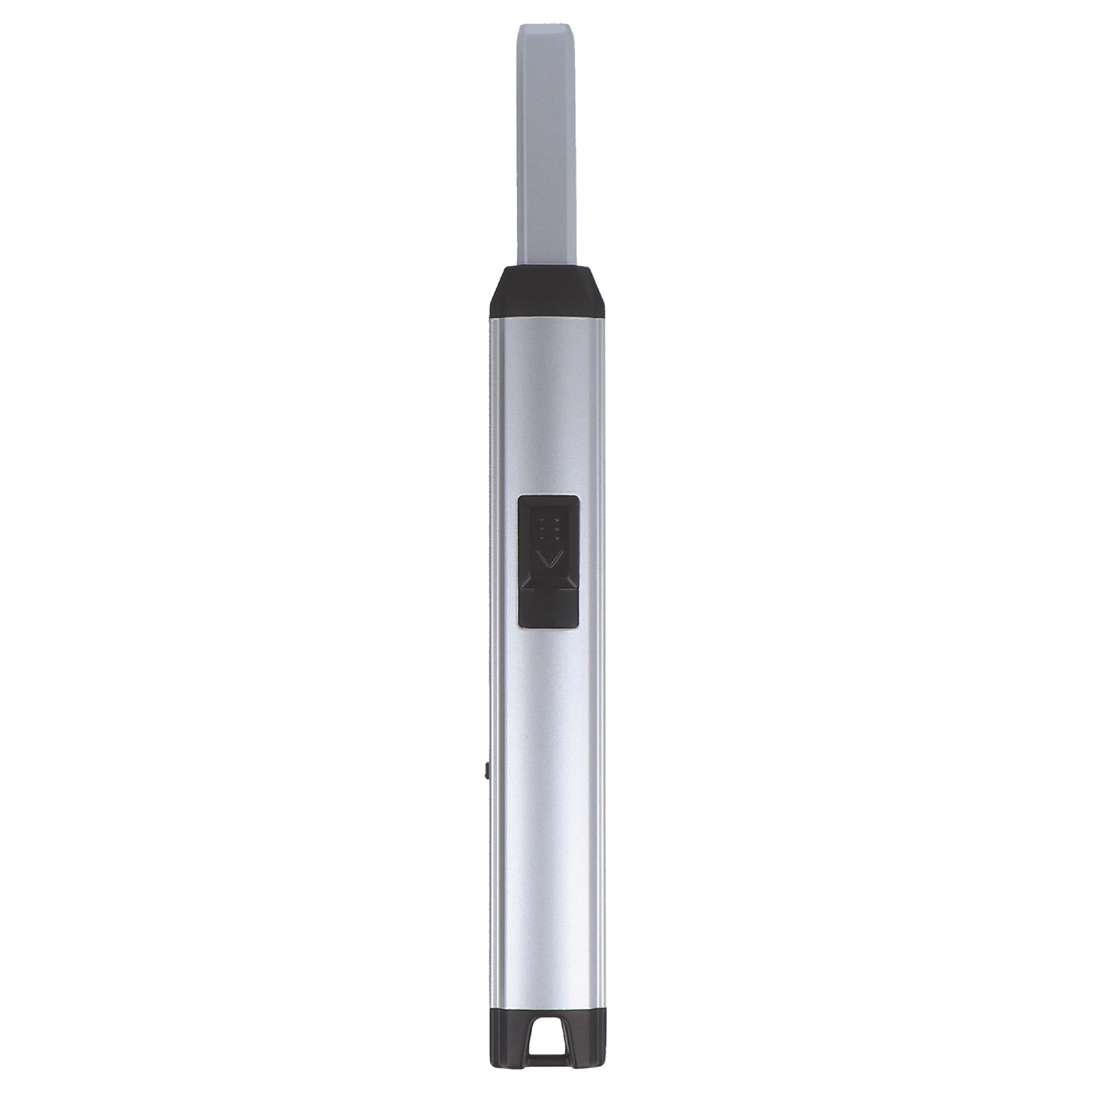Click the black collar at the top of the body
546,294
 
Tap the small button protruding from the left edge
487,771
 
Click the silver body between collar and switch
546,407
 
